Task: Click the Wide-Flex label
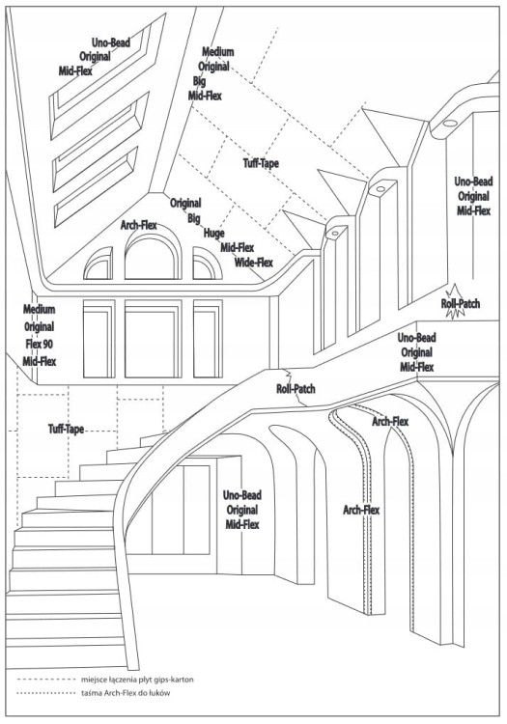253,263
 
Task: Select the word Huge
213,234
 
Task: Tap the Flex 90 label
40,344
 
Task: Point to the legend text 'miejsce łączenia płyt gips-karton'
137,680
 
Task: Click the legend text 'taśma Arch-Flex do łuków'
126,693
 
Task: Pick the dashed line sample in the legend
45,680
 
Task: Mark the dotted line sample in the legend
45,693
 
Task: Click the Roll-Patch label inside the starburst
461,304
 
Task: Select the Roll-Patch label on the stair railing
296,389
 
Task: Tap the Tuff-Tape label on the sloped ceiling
261,163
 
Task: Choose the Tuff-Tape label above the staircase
67,429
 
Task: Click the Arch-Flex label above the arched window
138,225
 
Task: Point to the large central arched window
153,237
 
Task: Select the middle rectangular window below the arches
153,339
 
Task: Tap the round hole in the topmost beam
449,124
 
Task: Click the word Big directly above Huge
194,218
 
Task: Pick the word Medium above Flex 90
40,309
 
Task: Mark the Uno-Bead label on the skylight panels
111,42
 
